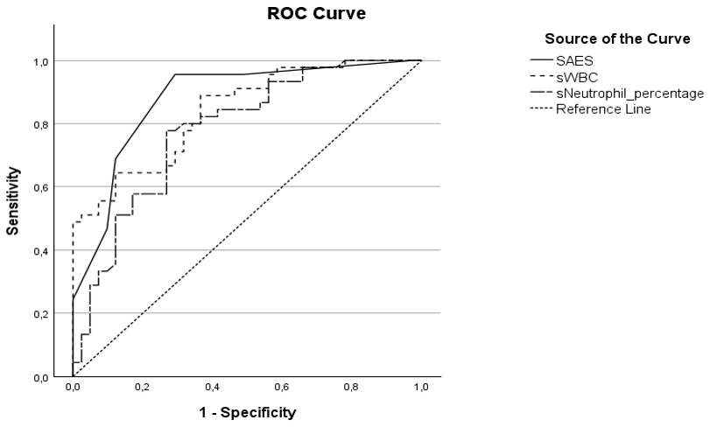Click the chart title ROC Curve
315,14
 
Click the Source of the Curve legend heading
617,39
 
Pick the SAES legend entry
575,60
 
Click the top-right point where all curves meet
421,60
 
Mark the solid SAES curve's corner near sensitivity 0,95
175,74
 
